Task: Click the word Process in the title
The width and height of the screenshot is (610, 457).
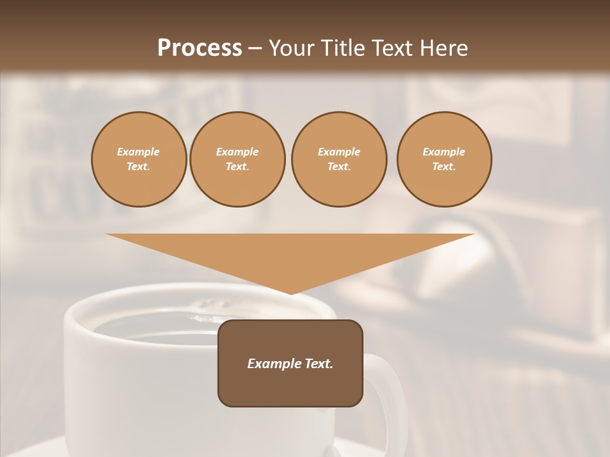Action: pos(200,48)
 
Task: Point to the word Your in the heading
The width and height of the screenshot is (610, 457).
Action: pos(291,48)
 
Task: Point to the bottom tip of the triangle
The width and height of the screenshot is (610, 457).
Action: pos(291,293)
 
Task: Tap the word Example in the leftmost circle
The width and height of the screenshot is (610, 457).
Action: pos(139,152)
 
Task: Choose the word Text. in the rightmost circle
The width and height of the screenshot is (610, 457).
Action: pos(444,167)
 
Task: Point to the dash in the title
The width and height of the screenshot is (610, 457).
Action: pos(255,48)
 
